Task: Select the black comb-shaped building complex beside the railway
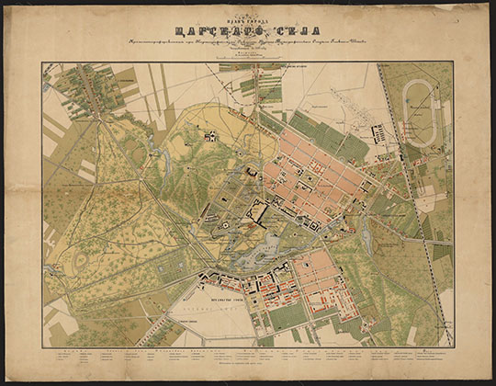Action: click(x=379, y=135)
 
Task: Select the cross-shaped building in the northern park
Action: click(x=210, y=136)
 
